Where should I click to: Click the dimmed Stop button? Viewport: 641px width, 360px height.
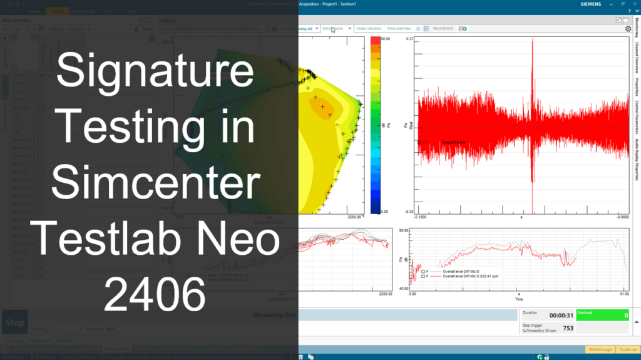[x=14, y=323]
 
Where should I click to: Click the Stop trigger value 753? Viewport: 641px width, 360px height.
[x=568, y=328]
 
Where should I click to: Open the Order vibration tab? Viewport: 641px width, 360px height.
[x=368, y=28]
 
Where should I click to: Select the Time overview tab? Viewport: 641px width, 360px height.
[x=399, y=28]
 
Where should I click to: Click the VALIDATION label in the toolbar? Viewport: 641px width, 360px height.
[x=443, y=28]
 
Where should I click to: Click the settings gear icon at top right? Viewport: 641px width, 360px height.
[x=628, y=28]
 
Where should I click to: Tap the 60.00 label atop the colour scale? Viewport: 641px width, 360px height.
[x=385, y=39]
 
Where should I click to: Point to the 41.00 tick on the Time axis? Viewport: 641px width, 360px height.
[x=623, y=293]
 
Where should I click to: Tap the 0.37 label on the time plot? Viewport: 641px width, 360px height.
[x=409, y=39]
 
